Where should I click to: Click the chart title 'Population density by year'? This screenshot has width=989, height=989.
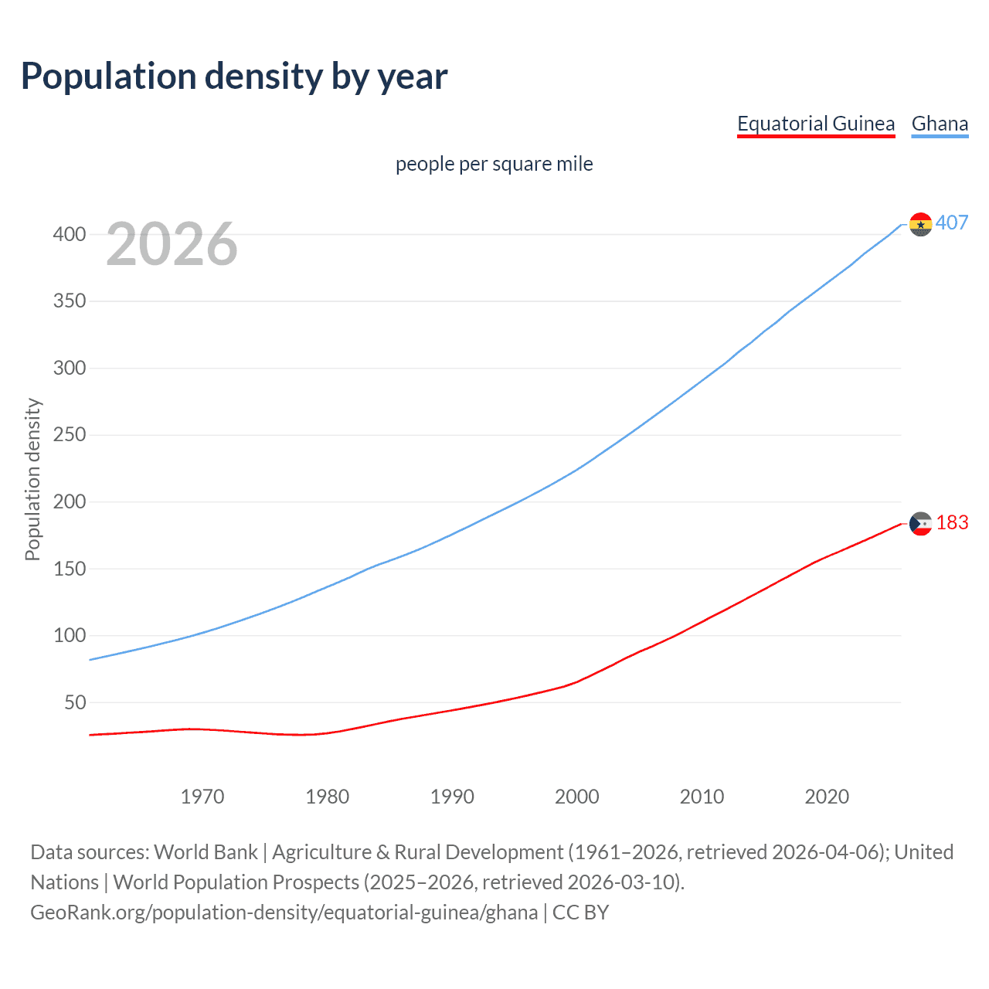234,76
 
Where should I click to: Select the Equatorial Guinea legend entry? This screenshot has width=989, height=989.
815,124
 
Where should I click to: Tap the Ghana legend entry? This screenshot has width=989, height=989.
940,124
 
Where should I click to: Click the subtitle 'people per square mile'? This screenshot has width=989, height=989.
494,164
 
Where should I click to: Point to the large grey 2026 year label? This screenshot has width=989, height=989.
172,244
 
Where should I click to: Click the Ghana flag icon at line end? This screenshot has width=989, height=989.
920,224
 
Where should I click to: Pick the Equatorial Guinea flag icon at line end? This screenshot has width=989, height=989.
920,524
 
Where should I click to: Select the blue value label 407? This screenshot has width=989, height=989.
952,223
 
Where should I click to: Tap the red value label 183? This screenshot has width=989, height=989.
952,523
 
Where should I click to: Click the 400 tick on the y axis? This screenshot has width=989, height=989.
70,234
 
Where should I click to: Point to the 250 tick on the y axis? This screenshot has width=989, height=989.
70,435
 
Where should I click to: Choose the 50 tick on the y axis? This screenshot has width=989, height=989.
75,702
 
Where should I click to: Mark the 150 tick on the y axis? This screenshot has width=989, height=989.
70,569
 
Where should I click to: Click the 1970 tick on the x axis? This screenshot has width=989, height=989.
202,797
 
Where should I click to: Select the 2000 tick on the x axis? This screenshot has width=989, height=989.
576,797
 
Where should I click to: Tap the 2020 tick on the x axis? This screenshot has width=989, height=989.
827,797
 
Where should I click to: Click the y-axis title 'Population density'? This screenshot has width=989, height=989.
32,479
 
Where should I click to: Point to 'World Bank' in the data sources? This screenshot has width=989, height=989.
206,852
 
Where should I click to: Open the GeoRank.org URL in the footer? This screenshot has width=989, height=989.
284,913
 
